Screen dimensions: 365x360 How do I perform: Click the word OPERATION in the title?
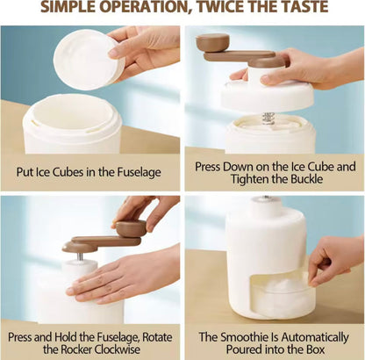[145, 6]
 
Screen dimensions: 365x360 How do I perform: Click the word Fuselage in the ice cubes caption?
[139, 172]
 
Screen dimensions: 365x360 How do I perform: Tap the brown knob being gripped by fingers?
[131, 228]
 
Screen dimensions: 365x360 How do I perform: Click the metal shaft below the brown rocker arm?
[80, 256]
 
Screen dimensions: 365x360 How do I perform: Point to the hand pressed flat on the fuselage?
[123, 278]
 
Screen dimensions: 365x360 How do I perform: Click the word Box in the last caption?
[315, 349]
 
